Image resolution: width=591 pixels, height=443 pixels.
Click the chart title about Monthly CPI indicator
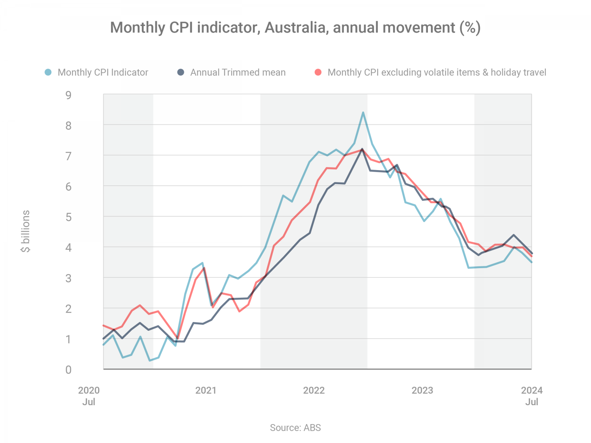(x=295, y=28)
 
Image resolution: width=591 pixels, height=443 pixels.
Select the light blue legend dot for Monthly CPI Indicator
(x=48, y=72)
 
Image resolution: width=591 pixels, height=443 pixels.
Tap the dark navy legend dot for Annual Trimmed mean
(x=180, y=72)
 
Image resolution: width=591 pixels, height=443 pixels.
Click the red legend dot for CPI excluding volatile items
(x=318, y=72)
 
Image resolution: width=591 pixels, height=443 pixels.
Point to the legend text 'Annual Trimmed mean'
(x=238, y=72)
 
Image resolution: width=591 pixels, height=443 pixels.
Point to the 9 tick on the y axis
(x=69, y=95)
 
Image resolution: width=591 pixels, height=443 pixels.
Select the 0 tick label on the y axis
(x=69, y=369)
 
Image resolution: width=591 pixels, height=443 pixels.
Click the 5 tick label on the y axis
(x=69, y=217)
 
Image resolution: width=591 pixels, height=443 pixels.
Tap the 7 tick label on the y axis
(x=69, y=156)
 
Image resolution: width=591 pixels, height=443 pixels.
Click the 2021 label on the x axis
(x=206, y=390)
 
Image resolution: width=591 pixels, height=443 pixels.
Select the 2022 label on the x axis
(x=314, y=390)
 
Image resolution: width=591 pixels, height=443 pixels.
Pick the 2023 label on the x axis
(x=422, y=390)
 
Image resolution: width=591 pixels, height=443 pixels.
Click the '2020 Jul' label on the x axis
(x=89, y=396)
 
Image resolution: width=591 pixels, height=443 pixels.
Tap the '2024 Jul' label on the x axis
(x=532, y=396)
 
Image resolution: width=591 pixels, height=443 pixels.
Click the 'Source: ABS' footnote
(x=295, y=428)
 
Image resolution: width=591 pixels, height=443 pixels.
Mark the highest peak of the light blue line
(x=363, y=113)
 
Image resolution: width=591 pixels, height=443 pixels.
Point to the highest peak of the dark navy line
(x=362, y=149)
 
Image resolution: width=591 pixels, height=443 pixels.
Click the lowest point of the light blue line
(x=150, y=360)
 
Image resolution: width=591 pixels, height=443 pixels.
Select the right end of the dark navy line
(x=532, y=254)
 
